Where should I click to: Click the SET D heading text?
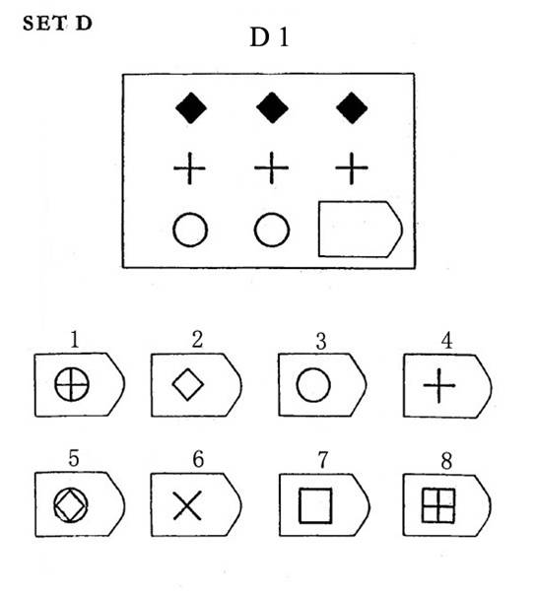pyautogui.click(x=57, y=23)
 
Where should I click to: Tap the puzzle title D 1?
pyautogui.click(x=270, y=37)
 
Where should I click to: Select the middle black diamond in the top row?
pyautogui.click(x=272, y=107)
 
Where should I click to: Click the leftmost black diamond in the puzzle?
pyautogui.click(x=191, y=107)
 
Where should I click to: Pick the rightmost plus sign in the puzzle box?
pyautogui.click(x=352, y=167)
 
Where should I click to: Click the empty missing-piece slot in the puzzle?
pyautogui.click(x=361, y=230)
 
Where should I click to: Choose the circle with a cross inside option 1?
pyautogui.click(x=72, y=385)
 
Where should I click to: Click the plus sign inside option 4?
pyautogui.click(x=438, y=386)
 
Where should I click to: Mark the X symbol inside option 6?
pyautogui.click(x=187, y=505)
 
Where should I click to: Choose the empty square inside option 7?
pyautogui.click(x=299, y=506)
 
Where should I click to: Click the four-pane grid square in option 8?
pyautogui.click(x=438, y=506)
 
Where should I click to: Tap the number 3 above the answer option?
pyautogui.click(x=321, y=342)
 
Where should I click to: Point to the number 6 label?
pyautogui.click(x=198, y=459)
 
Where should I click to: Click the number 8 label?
pyautogui.click(x=446, y=461)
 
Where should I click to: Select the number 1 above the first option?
pyautogui.click(x=75, y=339)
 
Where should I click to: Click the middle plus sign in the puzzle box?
pyautogui.click(x=271, y=167)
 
